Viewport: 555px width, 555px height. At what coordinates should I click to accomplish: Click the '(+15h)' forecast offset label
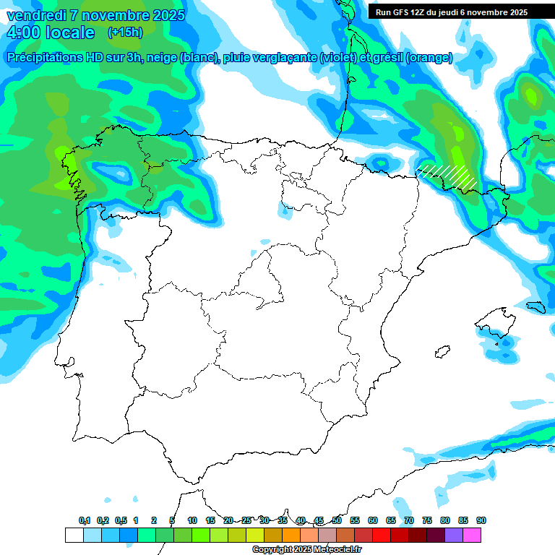[125, 33]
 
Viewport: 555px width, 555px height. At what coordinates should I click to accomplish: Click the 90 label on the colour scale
[481, 520]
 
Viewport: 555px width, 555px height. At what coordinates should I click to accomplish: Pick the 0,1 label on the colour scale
[85, 520]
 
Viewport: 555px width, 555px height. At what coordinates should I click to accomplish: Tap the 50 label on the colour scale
[337, 520]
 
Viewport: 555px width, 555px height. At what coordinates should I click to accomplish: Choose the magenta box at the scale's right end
[472, 535]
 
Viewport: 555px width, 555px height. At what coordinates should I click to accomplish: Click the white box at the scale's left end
[74, 535]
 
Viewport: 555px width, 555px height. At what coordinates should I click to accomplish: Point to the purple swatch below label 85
[454, 535]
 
